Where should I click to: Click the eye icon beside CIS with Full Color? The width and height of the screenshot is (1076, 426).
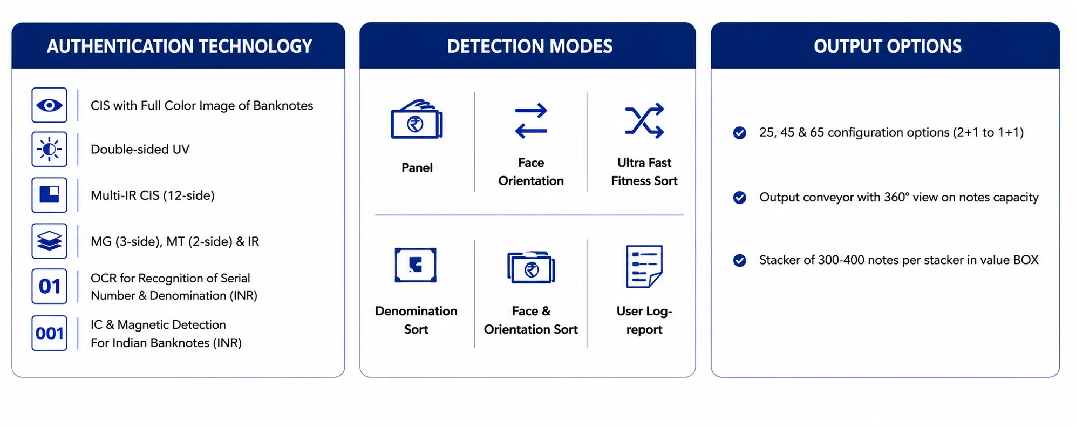coord(49,105)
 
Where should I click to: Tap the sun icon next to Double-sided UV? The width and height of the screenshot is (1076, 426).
coord(49,149)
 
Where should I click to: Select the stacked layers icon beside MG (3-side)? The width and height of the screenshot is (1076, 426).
coord(49,241)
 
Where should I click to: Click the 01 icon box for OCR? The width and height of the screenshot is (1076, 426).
coord(49,286)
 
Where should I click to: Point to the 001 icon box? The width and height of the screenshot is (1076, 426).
coord(49,333)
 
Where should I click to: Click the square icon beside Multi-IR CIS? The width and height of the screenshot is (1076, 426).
coord(49,195)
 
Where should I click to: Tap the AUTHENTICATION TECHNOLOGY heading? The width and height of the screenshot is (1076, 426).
coord(180,46)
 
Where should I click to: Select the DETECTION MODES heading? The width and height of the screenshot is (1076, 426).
coord(530,46)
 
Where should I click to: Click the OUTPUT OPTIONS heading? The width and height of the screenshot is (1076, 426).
coord(888,46)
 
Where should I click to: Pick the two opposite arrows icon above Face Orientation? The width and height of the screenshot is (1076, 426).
coord(531,120)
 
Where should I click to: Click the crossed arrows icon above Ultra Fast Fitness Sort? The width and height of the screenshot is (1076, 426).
coord(644,120)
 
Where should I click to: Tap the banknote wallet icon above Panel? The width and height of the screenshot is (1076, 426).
coord(417,119)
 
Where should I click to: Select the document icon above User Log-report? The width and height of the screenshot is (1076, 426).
coord(644,266)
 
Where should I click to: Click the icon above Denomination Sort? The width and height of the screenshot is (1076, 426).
coord(416,265)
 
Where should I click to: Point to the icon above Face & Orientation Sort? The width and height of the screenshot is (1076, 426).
coord(531,267)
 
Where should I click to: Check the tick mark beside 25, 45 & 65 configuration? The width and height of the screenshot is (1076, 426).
coord(740,133)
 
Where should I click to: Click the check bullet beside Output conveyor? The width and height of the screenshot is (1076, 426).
coord(740,198)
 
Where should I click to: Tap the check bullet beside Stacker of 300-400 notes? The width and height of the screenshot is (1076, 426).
coord(740,261)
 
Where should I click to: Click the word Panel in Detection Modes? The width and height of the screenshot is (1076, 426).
coord(417,168)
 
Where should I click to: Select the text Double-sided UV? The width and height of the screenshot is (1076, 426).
coord(140,150)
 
